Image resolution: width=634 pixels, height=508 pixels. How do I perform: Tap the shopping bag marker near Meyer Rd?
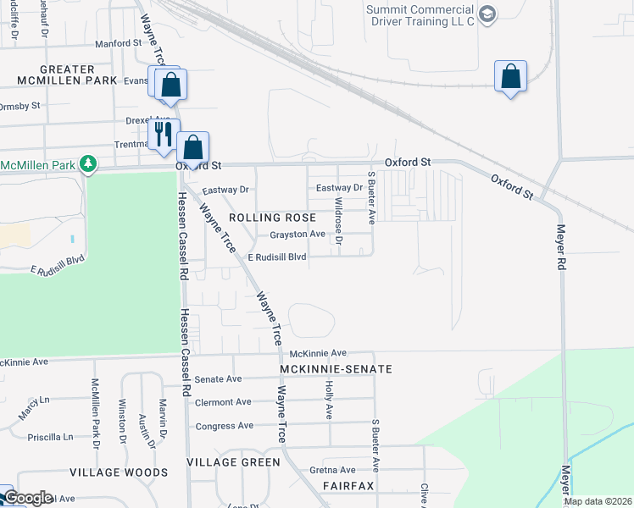[x=510, y=77]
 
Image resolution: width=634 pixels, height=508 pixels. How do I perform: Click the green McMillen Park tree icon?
[x=87, y=162]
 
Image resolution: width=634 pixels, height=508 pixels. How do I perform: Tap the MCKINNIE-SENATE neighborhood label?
[x=337, y=369]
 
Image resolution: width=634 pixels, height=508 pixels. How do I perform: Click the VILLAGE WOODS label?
[x=119, y=472]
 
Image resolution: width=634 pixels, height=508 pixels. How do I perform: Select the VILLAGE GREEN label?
[x=233, y=461]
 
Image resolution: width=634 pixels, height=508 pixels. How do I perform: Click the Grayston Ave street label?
[x=298, y=235]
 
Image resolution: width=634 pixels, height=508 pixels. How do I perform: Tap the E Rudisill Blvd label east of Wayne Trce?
[x=276, y=257]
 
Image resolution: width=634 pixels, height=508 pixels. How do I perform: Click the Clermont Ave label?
[x=223, y=402]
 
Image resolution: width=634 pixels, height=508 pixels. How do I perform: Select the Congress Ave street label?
[x=225, y=426]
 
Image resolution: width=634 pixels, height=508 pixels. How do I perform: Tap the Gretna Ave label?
[x=332, y=470]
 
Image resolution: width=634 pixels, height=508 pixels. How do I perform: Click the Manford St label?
[x=119, y=42]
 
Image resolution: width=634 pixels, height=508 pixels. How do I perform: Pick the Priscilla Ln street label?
[x=50, y=437]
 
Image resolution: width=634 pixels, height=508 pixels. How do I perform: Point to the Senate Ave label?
[x=219, y=379]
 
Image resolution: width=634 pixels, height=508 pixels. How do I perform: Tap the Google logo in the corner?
[x=27, y=498]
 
